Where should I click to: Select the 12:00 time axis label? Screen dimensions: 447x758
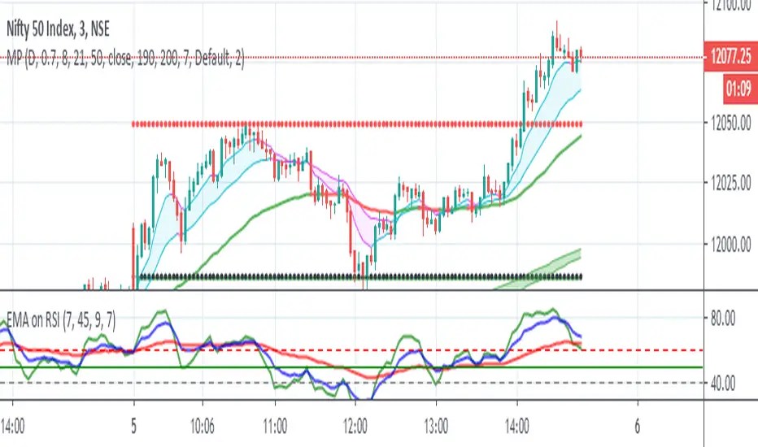[356, 423]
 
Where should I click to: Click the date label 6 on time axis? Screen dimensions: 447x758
[637, 423]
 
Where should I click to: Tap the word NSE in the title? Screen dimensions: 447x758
[120, 29]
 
